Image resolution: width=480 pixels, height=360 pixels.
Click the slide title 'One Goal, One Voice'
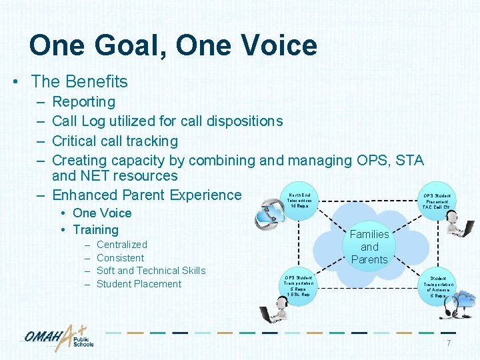click(173, 45)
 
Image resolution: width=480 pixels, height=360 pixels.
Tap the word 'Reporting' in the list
click(83, 102)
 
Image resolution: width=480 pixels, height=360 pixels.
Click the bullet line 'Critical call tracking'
click(115, 141)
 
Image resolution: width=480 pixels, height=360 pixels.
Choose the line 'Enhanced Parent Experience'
click(147, 195)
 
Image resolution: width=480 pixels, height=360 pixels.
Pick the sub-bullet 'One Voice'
click(102, 213)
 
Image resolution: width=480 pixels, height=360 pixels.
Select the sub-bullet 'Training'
click(95, 230)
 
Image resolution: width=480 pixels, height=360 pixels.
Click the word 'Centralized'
click(121, 245)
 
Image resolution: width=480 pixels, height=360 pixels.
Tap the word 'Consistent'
click(120, 258)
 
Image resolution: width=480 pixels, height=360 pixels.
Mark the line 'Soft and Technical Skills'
click(151, 271)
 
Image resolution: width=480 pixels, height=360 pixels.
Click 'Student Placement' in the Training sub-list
click(139, 284)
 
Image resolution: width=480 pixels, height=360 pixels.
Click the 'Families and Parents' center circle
click(369, 247)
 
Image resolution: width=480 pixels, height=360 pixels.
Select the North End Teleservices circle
click(299, 200)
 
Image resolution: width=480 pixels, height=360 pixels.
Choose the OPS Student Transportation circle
click(298, 285)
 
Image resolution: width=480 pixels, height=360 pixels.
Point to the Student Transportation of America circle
click(438, 287)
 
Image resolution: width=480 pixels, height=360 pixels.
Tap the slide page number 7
click(448, 343)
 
